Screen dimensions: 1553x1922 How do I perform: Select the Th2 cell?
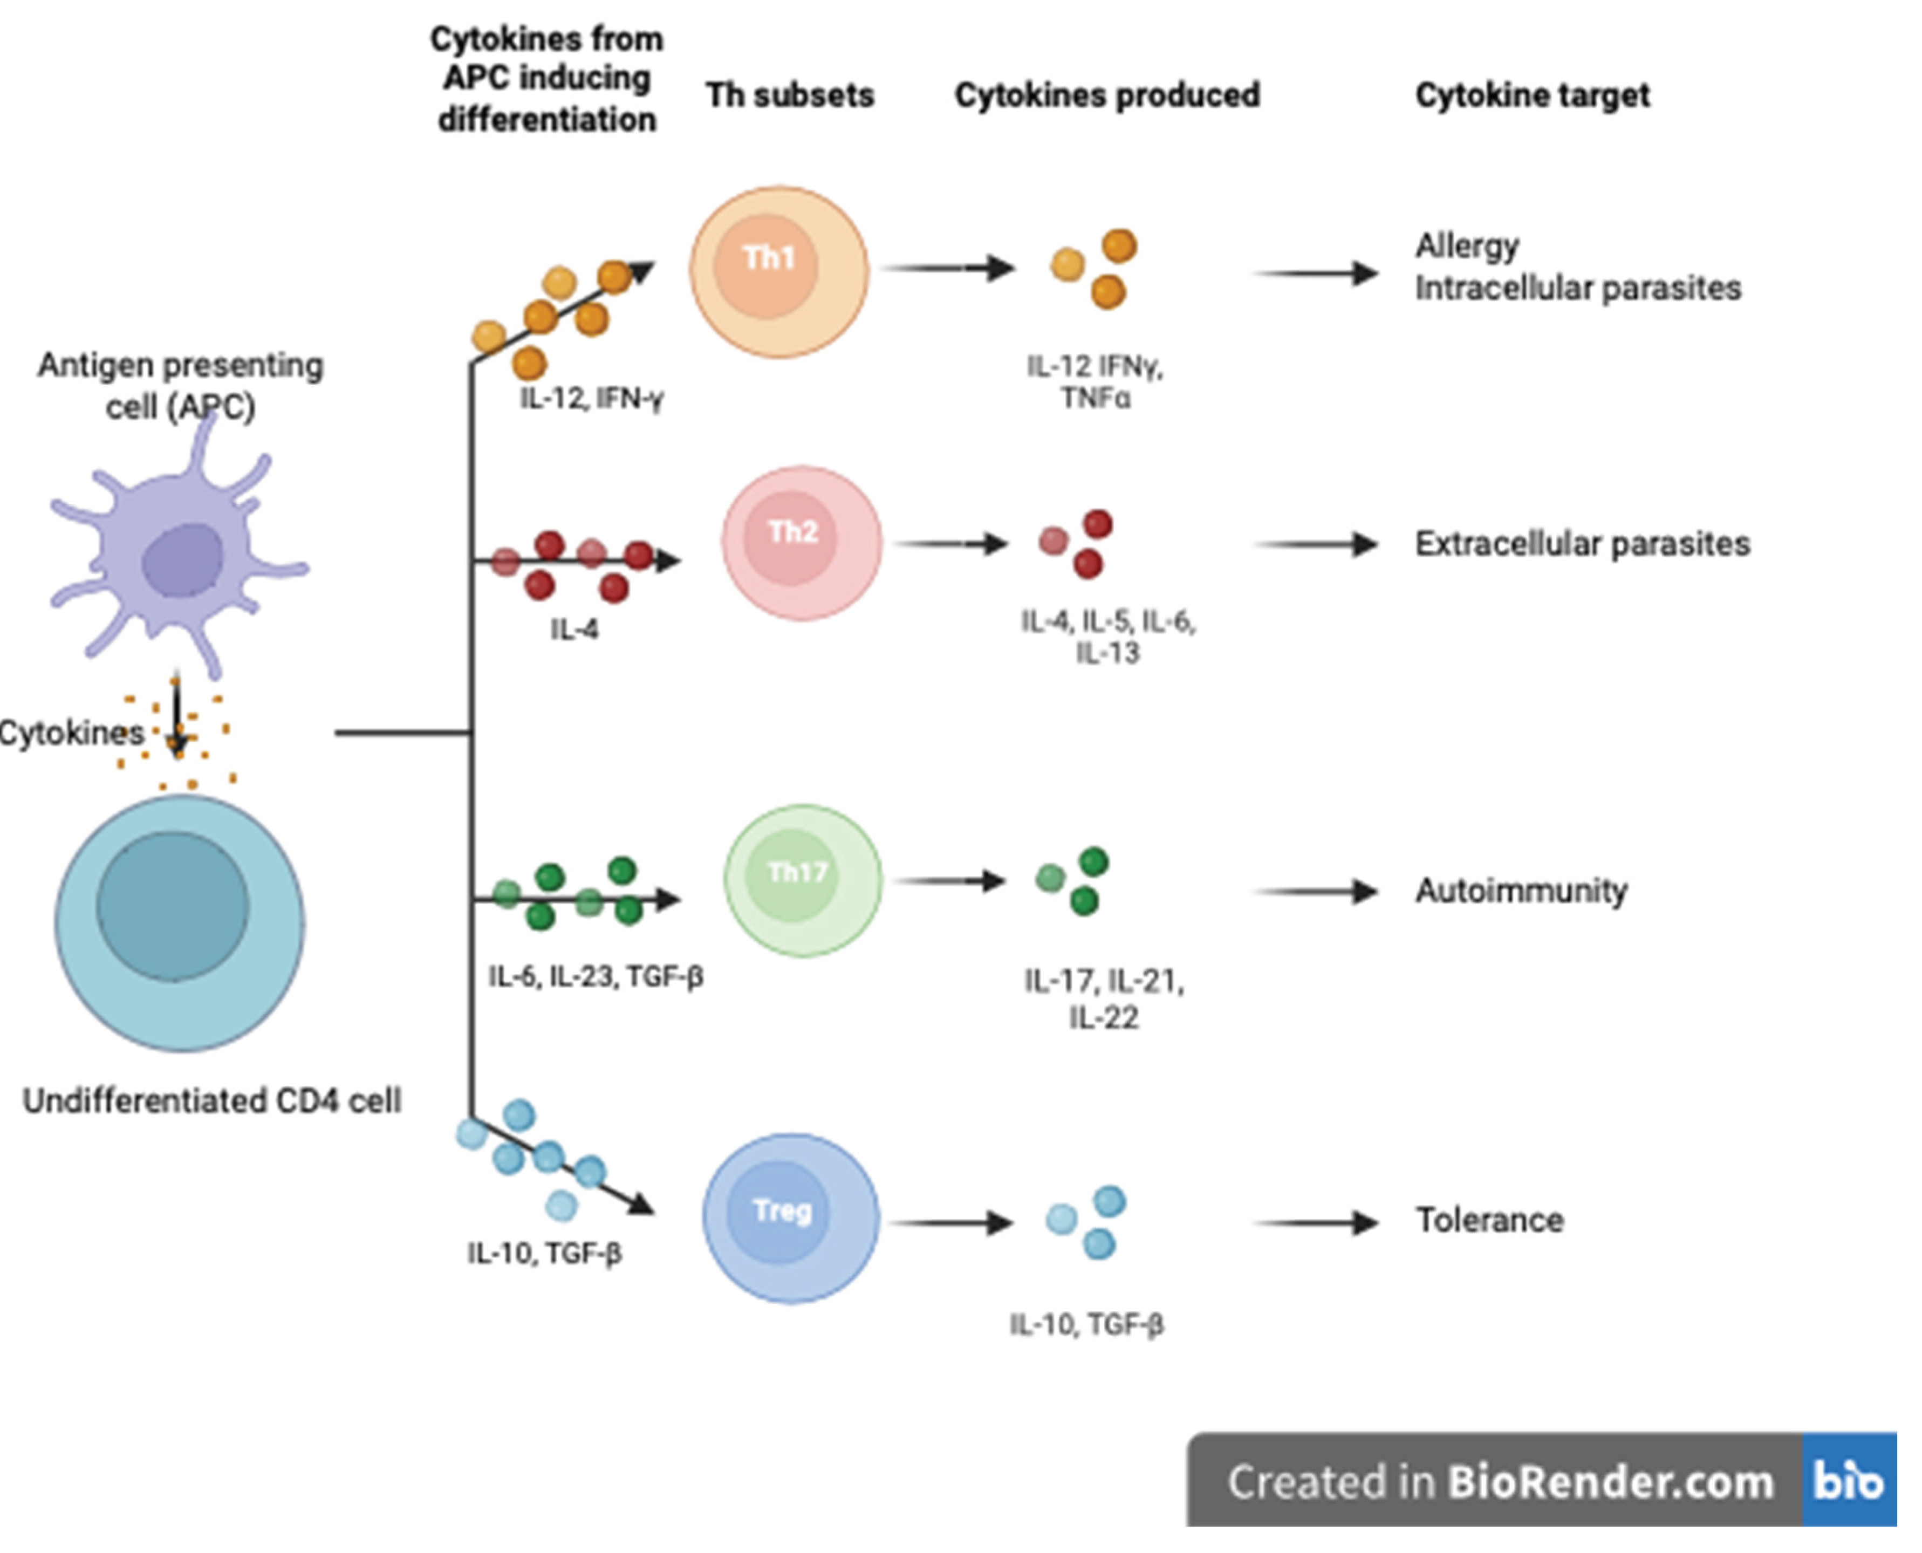click(x=802, y=543)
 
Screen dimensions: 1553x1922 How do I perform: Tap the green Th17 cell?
click(x=802, y=881)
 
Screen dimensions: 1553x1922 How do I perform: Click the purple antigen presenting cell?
click(x=179, y=555)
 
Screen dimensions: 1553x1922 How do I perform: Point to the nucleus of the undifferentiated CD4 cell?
click(x=173, y=905)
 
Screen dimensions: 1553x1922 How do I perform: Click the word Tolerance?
click(x=1489, y=1220)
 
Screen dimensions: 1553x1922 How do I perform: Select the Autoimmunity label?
click(x=1521, y=891)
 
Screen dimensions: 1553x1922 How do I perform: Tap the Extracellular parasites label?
click(x=1581, y=544)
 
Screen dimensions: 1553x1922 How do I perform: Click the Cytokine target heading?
click(x=1532, y=95)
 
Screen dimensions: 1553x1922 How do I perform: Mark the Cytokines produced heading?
click(x=1106, y=95)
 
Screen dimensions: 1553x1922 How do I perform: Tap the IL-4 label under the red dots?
click(x=574, y=630)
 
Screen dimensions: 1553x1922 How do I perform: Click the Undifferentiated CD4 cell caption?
click(x=212, y=1100)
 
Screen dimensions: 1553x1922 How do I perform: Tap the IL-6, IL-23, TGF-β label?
click(x=595, y=976)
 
